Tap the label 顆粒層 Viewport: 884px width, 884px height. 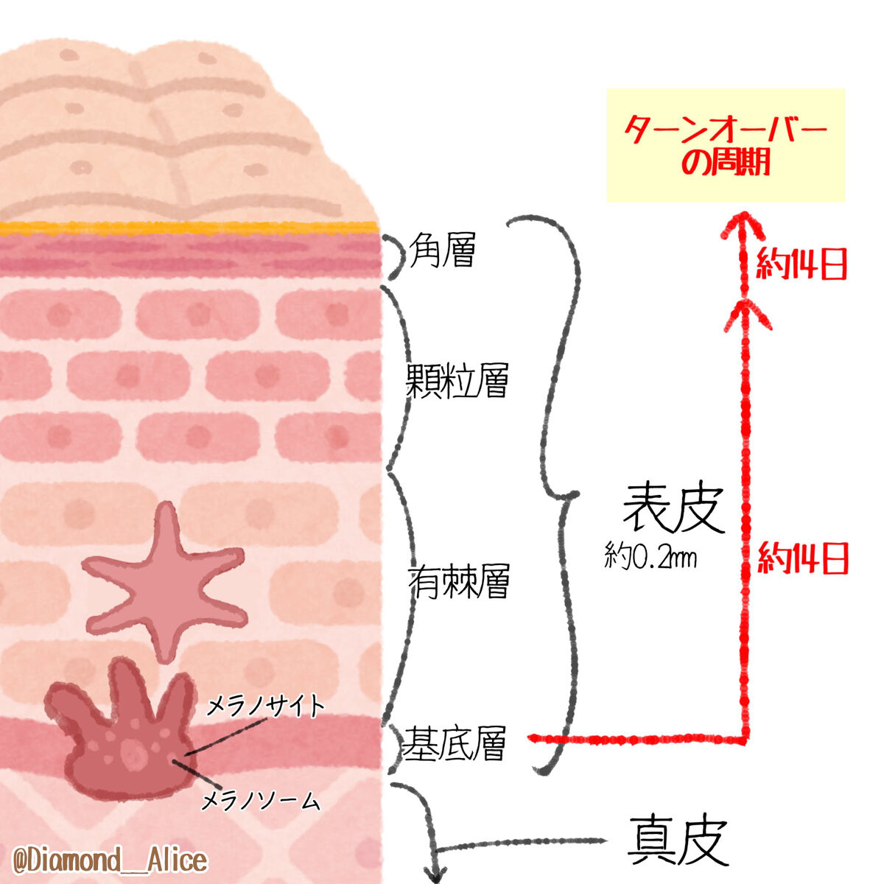[457, 379]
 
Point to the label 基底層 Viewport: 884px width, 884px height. [454, 744]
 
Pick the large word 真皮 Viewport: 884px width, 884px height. [678, 841]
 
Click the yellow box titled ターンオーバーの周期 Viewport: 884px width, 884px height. [725, 145]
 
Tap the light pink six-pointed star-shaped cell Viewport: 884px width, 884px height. [164, 582]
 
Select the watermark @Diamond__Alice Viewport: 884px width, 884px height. [110, 860]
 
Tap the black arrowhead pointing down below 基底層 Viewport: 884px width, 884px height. [435, 869]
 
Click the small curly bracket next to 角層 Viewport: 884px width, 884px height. [397, 257]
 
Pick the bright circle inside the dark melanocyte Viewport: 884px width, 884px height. [133, 753]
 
